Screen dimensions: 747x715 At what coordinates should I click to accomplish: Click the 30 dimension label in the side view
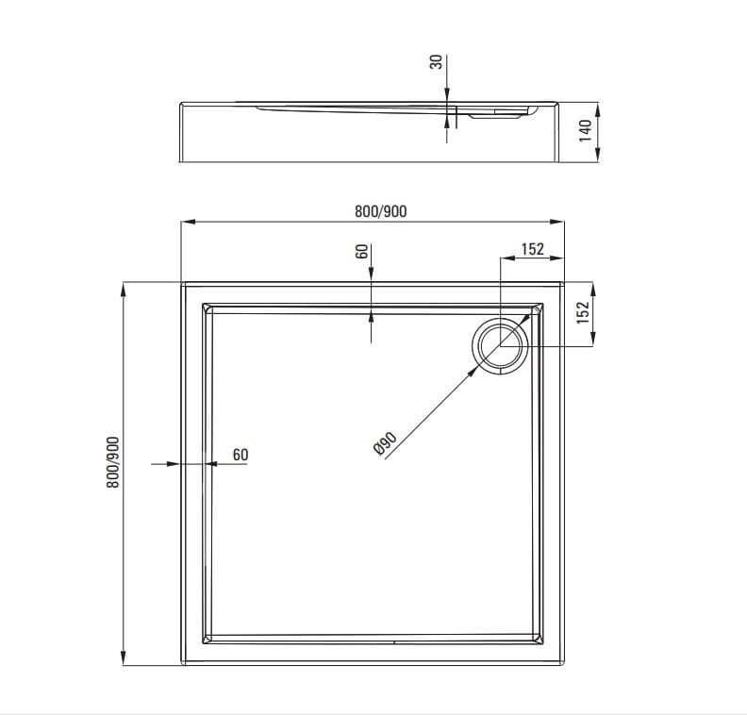click(x=436, y=62)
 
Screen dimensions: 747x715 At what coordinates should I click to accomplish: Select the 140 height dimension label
click(x=585, y=130)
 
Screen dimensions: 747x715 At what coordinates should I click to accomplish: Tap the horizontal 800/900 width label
click(x=381, y=211)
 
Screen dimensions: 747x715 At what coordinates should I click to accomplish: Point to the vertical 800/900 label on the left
click(x=113, y=462)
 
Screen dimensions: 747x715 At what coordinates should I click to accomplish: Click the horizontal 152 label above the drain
click(x=532, y=249)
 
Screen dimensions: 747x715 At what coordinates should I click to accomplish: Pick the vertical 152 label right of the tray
click(x=583, y=312)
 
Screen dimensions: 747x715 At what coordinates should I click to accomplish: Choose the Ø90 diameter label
click(x=385, y=444)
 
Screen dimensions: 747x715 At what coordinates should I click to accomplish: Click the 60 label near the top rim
click(x=362, y=251)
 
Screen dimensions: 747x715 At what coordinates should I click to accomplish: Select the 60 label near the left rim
click(x=241, y=455)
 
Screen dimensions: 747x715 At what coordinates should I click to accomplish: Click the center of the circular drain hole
click(x=500, y=346)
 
